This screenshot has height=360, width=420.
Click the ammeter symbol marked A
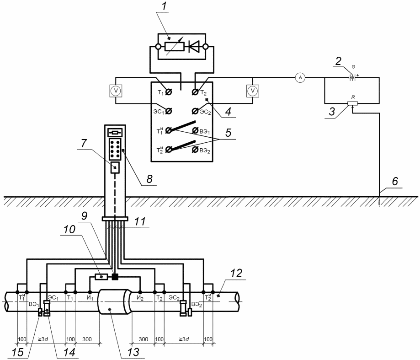pos(300,78)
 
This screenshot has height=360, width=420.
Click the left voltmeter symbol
pos(116,91)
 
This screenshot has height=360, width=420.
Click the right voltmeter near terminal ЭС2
pos(253,91)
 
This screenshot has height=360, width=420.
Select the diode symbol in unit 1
pos(194,47)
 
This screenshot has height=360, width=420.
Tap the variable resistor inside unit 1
pos(175,47)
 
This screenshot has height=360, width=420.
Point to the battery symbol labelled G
pos(352,78)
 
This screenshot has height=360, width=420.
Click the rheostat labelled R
pos(352,103)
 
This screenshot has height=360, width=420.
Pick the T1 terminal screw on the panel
pos(169,92)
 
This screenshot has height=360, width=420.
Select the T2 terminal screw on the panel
pos(195,92)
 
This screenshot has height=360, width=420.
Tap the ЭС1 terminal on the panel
pos(169,111)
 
